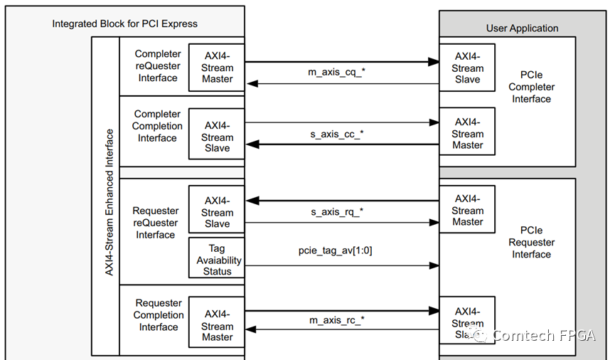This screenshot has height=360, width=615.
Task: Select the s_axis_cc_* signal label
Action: pos(341,134)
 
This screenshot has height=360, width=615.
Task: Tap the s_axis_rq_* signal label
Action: pos(341,211)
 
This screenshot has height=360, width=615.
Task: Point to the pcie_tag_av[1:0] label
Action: pos(341,252)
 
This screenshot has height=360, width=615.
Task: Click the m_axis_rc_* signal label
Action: pos(341,320)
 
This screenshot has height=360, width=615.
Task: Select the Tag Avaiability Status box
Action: pos(217,259)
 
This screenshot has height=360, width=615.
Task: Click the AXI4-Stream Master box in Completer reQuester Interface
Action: pos(217,68)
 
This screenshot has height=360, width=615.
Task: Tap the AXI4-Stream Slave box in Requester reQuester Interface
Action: pos(217,212)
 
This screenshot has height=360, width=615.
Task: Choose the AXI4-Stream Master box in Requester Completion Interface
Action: pos(217,326)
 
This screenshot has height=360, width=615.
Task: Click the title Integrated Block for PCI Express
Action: pos(124,23)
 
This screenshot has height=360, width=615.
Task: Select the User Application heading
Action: pos(522,28)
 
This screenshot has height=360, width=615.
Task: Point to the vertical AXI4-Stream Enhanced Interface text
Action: pos(109,202)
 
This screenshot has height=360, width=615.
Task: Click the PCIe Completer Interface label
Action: pos(531,87)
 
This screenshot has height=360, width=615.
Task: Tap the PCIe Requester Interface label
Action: pos(531,242)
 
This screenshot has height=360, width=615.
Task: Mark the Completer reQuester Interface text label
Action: pos(158,65)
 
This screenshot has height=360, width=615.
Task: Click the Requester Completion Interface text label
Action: pos(158,315)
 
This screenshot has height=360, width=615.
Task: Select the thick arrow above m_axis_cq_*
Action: pos(341,62)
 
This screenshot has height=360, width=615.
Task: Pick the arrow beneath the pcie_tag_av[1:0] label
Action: pos(341,265)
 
